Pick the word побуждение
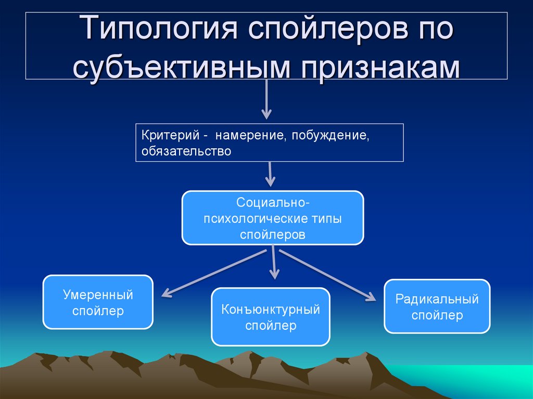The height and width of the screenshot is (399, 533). pyautogui.click(x=331, y=136)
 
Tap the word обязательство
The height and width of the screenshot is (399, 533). pyautogui.click(x=185, y=151)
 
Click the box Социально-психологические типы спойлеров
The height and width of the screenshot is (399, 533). pyautogui.click(x=272, y=217)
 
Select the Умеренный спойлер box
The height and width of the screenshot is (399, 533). pyautogui.click(x=98, y=302)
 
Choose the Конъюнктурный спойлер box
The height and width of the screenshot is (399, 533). pyautogui.click(x=270, y=317)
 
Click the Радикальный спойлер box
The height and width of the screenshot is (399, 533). pyautogui.click(x=437, y=306)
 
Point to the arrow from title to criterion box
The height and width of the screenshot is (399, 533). pyautogui.click(x=266, y=99)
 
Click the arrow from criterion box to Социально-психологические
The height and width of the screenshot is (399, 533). pyautogui.click(x=270, y=174)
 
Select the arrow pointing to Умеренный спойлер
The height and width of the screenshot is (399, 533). pyautogui.click(x=213, y=273)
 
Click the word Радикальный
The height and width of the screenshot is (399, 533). pyautogui.click(x=437, y=299)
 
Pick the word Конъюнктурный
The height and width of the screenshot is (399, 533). pyautogui.click(x=270, y=310)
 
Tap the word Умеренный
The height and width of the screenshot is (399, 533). pyautogui.click(x=98, y=295)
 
